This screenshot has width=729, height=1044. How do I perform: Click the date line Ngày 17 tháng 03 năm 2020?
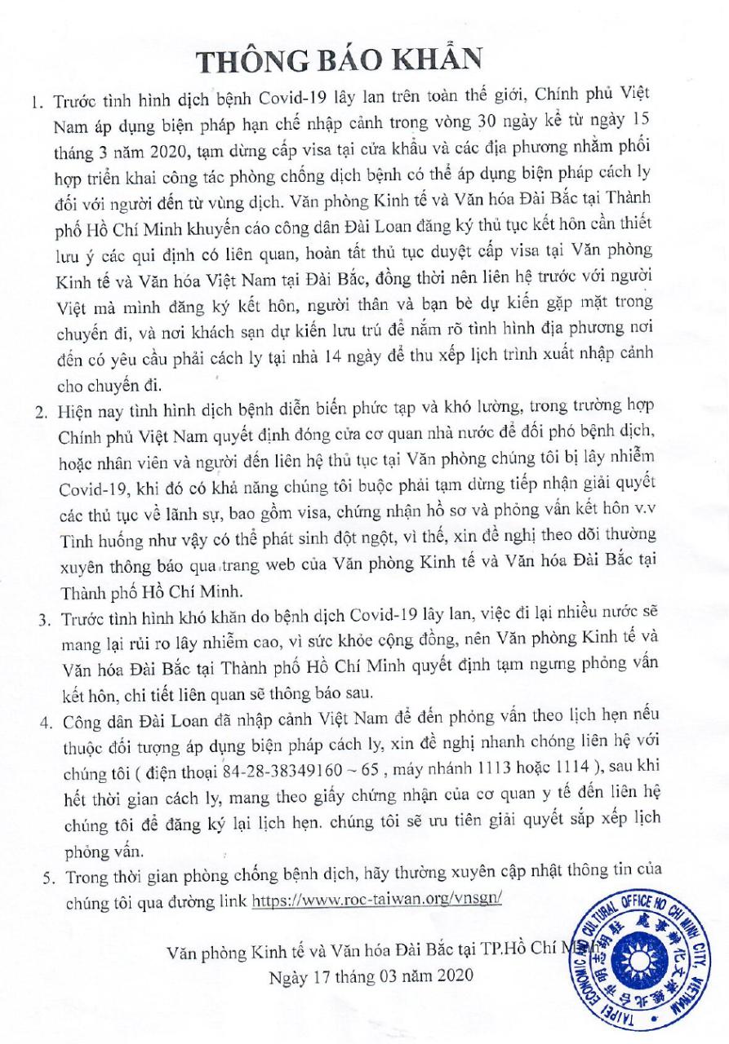coord(370,975)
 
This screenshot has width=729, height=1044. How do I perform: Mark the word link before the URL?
coord(234,900)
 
